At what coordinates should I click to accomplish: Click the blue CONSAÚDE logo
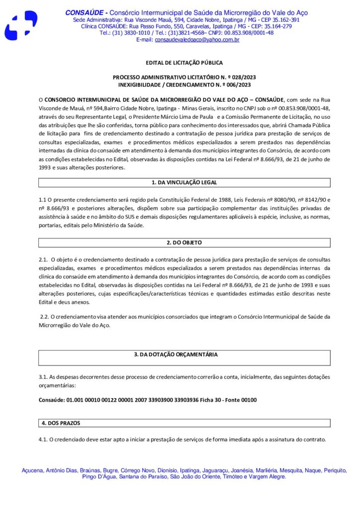point(21,25)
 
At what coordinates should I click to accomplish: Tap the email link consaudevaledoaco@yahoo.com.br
point(197,39)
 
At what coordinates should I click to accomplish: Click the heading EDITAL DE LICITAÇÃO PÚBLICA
point(184,63)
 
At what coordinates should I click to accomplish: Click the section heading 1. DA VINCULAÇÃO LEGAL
point(184,182)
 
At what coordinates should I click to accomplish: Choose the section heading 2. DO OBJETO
point(184,243)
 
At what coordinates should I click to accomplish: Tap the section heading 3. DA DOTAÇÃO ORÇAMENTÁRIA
point(184,355)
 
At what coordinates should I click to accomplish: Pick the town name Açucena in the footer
point(33,470)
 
